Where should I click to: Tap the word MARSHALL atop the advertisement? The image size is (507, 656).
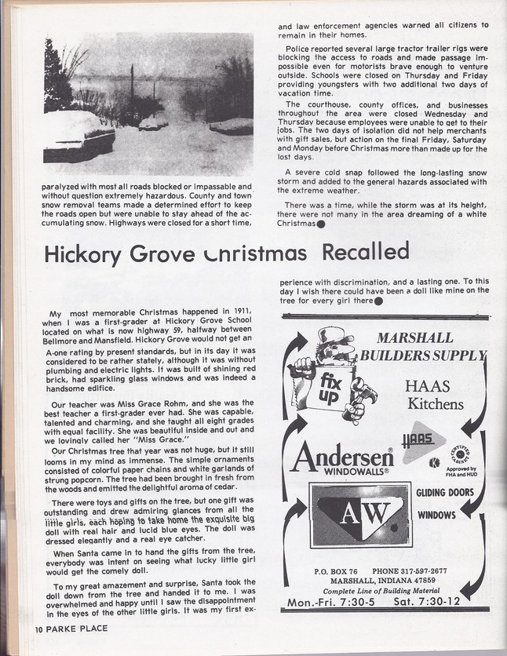click(415, 338)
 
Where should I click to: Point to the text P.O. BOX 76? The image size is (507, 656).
click(334, 571)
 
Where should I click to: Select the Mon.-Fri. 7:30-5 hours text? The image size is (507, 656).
click(332, 602)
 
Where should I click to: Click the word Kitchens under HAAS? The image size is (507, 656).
click(436, 404)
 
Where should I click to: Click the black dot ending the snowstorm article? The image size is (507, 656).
click(321, 224)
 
